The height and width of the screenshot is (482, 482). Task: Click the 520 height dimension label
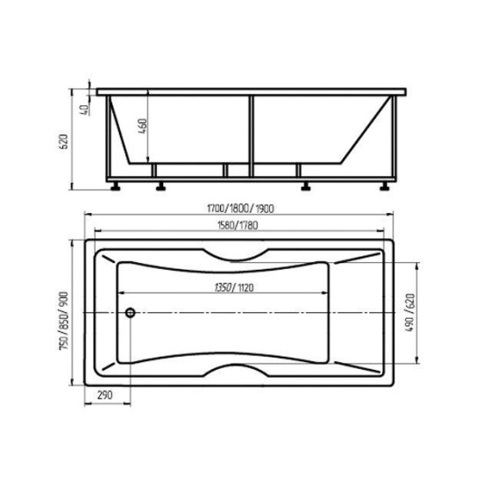pyautogui.click(x=63, y=141)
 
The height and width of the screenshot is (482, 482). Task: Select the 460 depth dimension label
pyautogui.click(x=143, y=125)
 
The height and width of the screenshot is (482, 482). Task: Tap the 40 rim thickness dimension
pyautogui.click(x=83, y=110)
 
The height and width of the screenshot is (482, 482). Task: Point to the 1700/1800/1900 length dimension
pyautogui.click(x=240, y=209)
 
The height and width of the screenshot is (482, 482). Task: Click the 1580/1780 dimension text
pyautogui.click(x=237, y=225)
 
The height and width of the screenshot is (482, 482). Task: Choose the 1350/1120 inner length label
pyautogui.click(x=234, y=287)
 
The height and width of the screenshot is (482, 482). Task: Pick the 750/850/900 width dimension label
pyautogui.click(x=63, y=321)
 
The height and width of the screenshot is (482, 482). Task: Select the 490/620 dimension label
pyautogui.click(x=410, y=313)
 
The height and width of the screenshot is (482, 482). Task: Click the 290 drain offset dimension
pyautogui.click(x=105, y=394)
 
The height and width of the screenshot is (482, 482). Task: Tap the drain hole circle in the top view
pyautogui.click(x=131, y=313)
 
